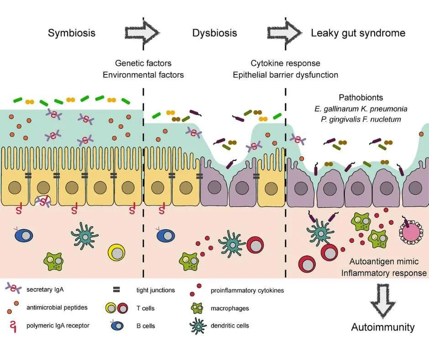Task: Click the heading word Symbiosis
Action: pos(72,33)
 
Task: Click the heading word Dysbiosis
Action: pos(214,33)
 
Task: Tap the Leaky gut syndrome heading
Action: pos(358,33)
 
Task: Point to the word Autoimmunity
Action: pos(382,327)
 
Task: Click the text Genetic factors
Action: pos(143,63)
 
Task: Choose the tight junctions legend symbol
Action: pos(116,290)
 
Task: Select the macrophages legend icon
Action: pos(197,308)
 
